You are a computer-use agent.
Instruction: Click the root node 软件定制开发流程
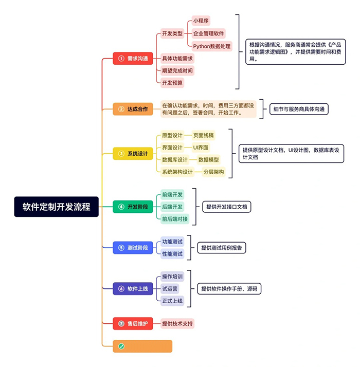point(56,207)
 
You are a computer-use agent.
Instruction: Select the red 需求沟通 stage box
point(133,58)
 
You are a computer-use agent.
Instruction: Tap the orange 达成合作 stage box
point(133,108)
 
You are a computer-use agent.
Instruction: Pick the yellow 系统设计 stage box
point(133,153)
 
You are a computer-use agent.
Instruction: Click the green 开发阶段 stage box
point(133,207)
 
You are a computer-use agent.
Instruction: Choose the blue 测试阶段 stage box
point(133,248)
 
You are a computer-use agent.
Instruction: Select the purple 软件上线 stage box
point(133,288)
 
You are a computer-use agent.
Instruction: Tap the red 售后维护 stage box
point(133,323)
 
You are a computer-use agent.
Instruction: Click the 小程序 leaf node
point(201,21)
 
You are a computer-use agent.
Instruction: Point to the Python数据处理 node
point(212,46)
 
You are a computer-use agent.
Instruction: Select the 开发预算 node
point(172,82)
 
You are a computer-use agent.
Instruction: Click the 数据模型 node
point(208,160)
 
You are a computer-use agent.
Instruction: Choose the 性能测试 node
point(172,253)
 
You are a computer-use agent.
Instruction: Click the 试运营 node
point(170,288)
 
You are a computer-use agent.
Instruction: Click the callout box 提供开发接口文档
point(227,207)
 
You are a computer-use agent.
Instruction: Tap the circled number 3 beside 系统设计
point(121,153)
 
